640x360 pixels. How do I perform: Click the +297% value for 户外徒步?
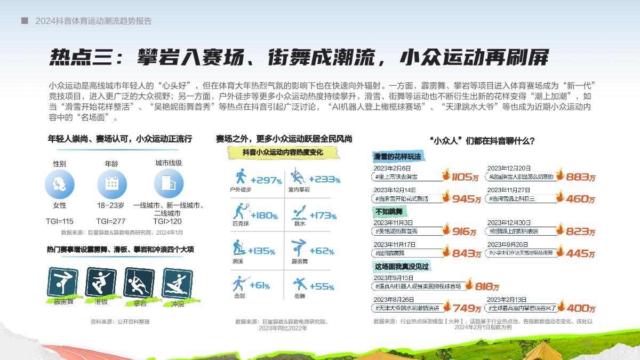[266, 180]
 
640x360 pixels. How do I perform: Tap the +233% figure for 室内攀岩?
[324, 180]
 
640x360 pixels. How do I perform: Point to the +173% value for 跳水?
[322, 215]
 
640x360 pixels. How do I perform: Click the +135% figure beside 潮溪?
[261, 251]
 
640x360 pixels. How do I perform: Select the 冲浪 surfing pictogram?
[177, 283]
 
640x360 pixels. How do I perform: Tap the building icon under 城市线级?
[169, 183]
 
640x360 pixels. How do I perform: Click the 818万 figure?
[486, 286]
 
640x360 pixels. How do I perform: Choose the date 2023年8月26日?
[394, 300]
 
